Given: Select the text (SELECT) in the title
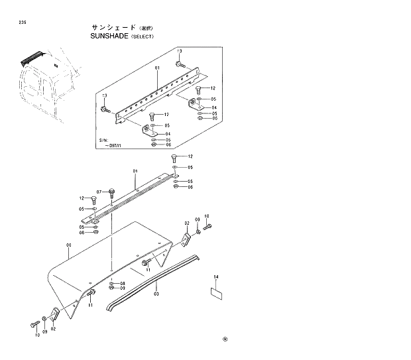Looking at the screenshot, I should pyautogui.click(x=140, y=37).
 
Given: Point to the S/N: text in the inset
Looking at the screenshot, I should pyautogui.click(x=103, y=141).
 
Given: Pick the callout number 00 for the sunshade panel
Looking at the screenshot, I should pyautogui.click(x=68, y=245).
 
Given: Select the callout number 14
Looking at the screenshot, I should pyautogui.click(x=215, y=276).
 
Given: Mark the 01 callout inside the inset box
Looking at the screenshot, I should pyautogui.click(x=157, y=68).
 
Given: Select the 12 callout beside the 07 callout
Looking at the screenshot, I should pyautogui.click(x=83, y=198).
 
